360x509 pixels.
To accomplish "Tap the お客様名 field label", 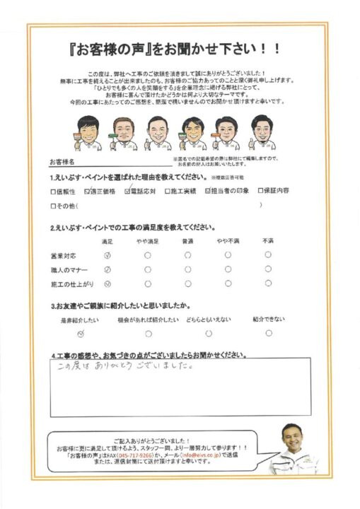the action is pyautogui.click(x=62, y=162).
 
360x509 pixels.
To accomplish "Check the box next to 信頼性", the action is pyautogui.click(x=53, y=191).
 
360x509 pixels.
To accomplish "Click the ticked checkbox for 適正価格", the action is pyautogui.click(x=87, y=191).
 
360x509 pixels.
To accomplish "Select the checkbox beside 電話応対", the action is pyautogui.click(x=127, y=191).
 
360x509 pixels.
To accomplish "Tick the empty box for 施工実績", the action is pyautogui.click(x=168, y=191).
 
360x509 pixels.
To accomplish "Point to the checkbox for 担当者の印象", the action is pyautogui.click(x=208, y=191).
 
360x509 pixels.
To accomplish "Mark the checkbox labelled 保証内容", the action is pyautogui.click(x=260, y=191).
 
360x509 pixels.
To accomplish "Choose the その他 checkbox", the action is pyautogui.click(x=53, y=206).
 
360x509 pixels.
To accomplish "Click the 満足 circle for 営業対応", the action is pyautogui.click(x=108, y=255).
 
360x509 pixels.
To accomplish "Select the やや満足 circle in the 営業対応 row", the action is pyautogui.click(x=147, y=255).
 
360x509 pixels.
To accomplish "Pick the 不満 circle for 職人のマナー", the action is pyautogui.click(x=268, y=269).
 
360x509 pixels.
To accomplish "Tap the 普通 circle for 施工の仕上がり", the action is pyautogui.click(x=187, y=284).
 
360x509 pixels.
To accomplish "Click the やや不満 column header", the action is pyautogui.click(x=228, y=242).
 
